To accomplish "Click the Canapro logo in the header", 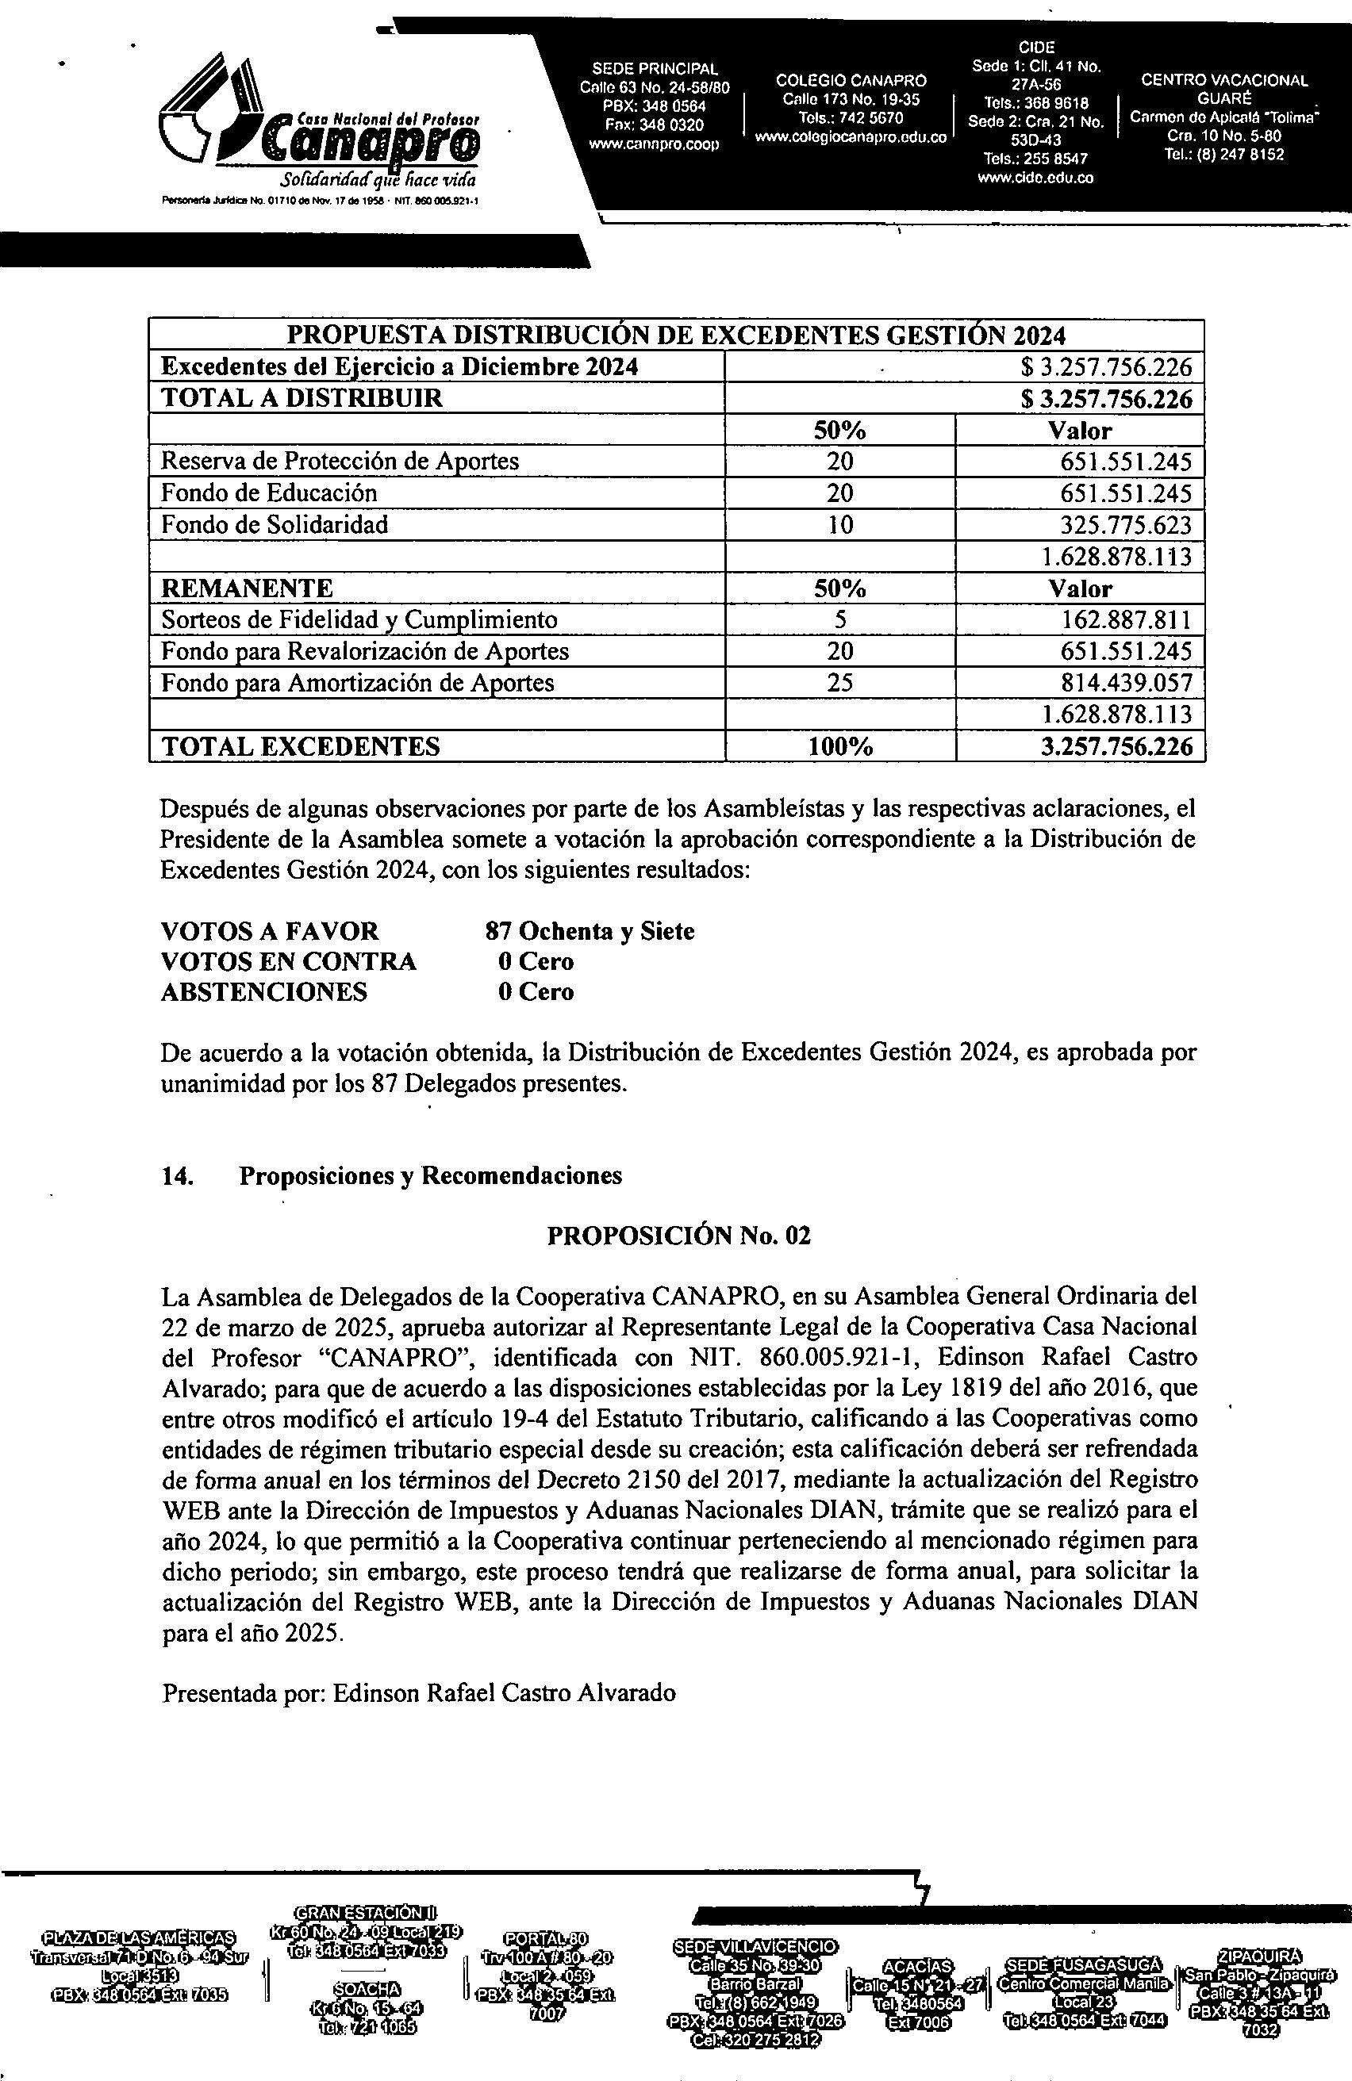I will pos(319,131).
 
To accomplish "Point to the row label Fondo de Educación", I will pos(269,493).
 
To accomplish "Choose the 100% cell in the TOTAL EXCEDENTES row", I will pos(839,747).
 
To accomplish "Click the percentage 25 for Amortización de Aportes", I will pos(839,683).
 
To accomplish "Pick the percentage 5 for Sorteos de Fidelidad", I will pos(839,620).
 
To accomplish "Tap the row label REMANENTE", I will pos(247,588).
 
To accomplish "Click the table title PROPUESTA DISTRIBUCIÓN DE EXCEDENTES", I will pos(677,335).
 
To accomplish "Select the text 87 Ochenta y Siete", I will pos(590,931).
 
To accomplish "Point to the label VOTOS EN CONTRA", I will pos(289,962).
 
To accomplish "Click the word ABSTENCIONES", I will pos(264,992).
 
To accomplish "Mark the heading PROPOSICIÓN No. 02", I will pos(678,1236).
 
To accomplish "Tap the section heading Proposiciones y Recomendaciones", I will pos(430,1176).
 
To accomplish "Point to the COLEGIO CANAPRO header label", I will pos(851,80).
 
